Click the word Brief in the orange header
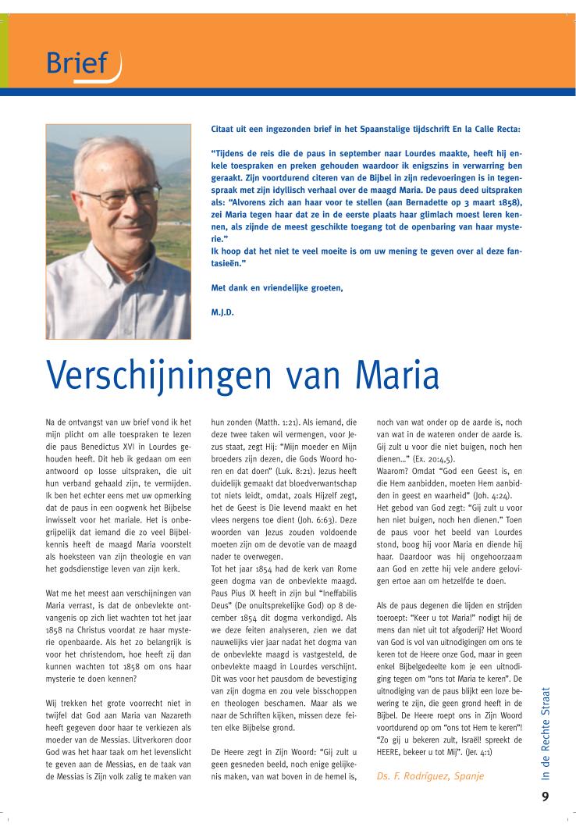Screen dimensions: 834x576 pyautogui.click(x=76, y=62)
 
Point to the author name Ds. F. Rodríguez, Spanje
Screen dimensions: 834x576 pyautogui.click(x=430, y=776)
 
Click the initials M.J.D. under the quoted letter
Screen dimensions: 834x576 pyautogui.click(x=223, y=311)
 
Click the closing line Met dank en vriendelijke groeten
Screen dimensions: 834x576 pyautogui.click(x=277, y=288)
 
